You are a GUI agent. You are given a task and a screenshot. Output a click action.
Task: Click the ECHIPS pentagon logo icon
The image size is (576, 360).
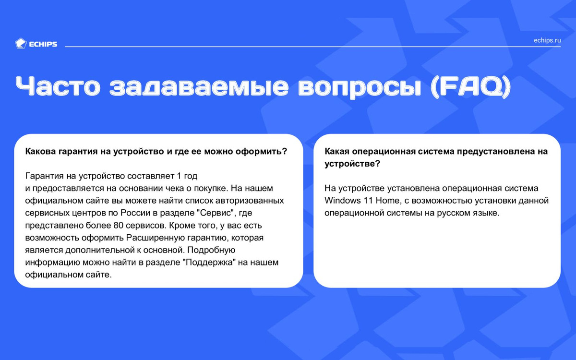21,44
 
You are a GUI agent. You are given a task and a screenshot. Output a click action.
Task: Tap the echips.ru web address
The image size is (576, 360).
547,40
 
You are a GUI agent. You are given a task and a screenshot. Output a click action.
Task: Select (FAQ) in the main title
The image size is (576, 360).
470,87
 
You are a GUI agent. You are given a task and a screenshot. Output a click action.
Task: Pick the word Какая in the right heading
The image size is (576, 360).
337,151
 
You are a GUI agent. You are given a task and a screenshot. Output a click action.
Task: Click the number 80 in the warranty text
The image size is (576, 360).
118,225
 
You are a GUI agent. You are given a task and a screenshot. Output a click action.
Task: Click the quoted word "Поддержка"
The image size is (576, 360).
209,262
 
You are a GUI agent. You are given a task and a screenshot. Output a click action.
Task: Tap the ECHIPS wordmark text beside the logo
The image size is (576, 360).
43,44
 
